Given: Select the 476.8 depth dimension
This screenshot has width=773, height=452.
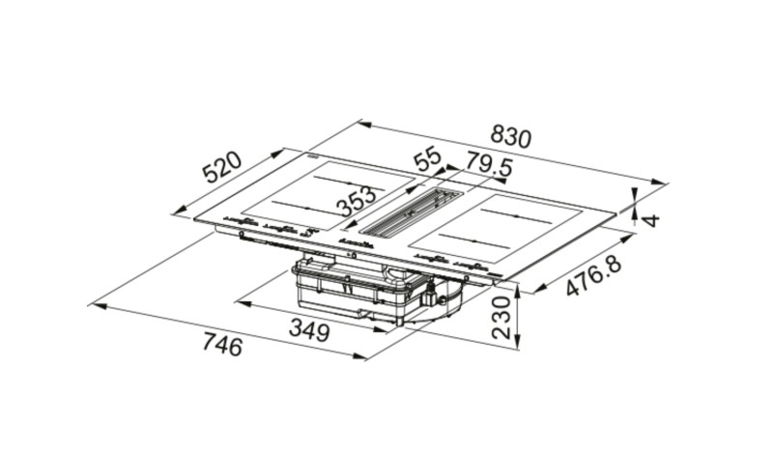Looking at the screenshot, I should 593,276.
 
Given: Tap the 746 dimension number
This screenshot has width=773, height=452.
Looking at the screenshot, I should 221,345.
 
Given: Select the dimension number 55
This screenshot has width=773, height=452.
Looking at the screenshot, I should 427,159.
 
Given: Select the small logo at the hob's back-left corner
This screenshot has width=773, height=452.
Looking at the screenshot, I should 314,155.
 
